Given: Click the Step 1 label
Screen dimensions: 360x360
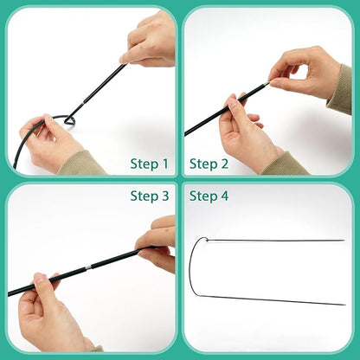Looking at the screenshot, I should coord(149,163).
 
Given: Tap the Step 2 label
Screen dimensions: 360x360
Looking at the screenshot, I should coord(209,163).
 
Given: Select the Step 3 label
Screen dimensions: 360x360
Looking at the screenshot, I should coord(149,196).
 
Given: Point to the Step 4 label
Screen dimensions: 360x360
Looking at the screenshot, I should coord(209,196).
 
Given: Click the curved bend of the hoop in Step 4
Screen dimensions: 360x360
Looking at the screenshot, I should coord(191,268).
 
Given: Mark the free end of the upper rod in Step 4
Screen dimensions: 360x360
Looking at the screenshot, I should coord(343,240).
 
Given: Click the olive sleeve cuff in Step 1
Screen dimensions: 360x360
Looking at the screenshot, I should coord(82,162).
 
